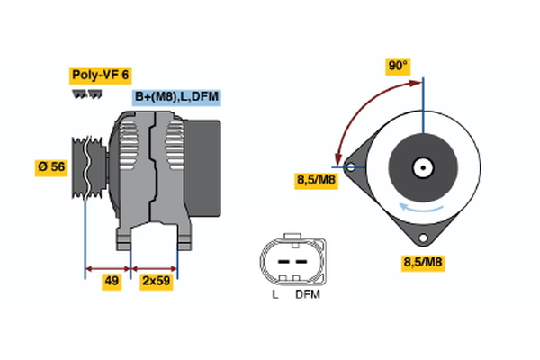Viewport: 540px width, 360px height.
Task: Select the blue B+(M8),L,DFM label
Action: pyautogui.click(x=176, y=97)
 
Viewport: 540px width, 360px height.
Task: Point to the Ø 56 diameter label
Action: pyautogui.click(x=52, y=168)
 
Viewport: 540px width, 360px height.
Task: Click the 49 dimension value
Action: pyautogui.click(x=111, y=281)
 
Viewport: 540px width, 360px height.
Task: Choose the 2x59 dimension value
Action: pyautogui.click(x=155, y=281)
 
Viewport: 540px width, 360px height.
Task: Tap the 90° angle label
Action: pyautogui.click(x=397, y=67)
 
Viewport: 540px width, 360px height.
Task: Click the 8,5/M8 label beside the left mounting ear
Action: pyautogui.click(x=316, y=180)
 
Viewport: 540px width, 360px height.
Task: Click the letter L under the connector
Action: pyautogui.click(x=274, y=294)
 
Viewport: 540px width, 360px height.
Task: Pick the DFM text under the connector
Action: pyautogui.click(x=307, y=294)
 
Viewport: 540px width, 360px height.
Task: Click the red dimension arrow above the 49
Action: pyautogui.click(x=108, y=267)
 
